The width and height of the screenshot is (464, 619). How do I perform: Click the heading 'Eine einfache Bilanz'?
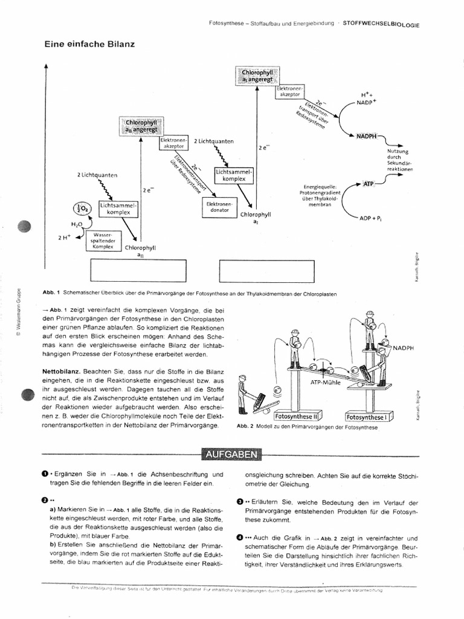coord(89,44)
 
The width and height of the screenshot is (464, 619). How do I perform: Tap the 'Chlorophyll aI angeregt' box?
coord(257,76)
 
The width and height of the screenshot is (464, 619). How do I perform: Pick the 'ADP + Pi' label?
coord(372,218)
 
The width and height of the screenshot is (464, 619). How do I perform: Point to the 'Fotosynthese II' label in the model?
coord(295,416)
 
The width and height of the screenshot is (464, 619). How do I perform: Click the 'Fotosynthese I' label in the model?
coord(368,416)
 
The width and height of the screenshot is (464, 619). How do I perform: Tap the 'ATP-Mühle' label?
coord(326,383)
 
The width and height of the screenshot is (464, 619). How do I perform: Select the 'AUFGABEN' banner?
coord(231,455)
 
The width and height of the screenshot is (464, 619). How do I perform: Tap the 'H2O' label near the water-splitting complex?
coord(76,224)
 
